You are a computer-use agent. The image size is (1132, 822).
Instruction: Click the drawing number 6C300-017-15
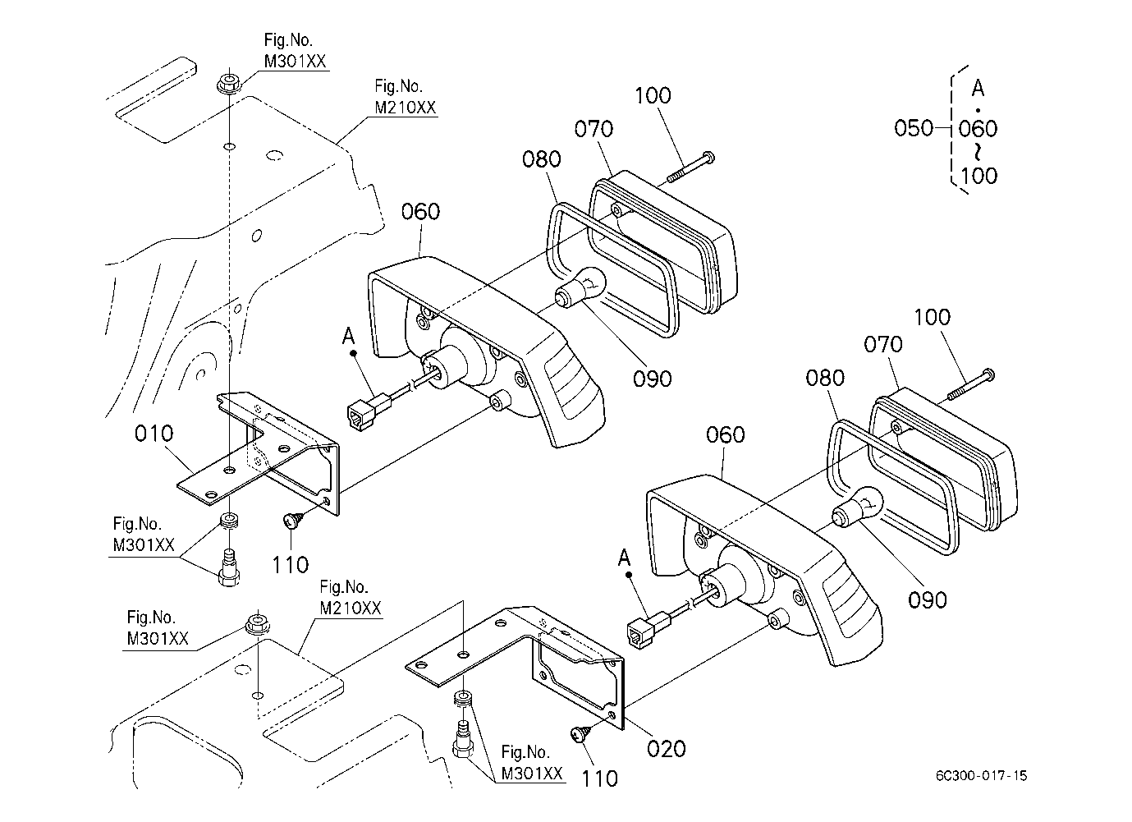[981, 775]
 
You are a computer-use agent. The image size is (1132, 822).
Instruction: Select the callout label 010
[154, 434]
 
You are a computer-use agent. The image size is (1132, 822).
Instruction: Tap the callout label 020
[666, 749]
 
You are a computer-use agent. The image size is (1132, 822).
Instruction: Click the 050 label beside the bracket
[913, 128]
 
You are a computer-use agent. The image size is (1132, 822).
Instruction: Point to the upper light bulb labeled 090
[579, 287]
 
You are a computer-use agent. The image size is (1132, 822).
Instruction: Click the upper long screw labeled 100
[691, 167]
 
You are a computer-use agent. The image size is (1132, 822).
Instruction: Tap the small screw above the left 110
[294, 520]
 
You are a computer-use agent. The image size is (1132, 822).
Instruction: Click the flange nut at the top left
[228, 84]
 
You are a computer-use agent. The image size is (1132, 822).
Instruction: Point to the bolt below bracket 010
[229, 567]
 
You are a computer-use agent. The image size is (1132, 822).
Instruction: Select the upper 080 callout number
[541, 160]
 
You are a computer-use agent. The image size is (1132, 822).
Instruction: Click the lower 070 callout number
[882, 345]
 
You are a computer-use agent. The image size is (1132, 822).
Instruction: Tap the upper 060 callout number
[420, 212]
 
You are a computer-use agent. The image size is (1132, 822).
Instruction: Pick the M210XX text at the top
[405, 108]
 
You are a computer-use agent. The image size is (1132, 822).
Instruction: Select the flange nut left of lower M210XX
[257, 624]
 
